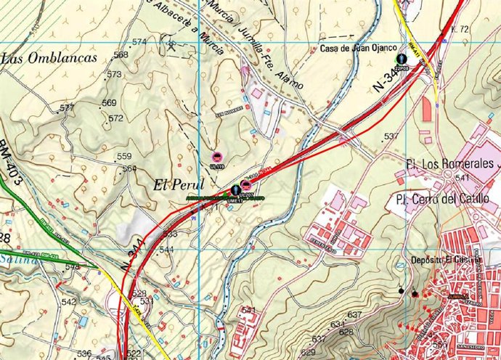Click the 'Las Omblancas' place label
point(49,59)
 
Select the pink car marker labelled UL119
point(216,157)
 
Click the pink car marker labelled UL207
point(246,188)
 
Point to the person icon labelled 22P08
point(402,57)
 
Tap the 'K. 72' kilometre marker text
point(460,30)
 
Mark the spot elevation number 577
point(67,107)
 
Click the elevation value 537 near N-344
point(391,136)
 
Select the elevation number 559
point(124,157)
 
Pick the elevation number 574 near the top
point(139,41)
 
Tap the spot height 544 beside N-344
point(166,250)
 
